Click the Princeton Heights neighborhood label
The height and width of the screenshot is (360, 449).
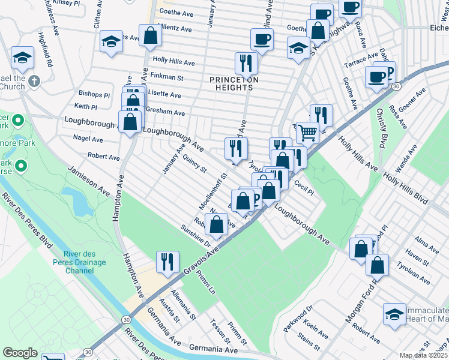pyautogui.click(x=234, y=83)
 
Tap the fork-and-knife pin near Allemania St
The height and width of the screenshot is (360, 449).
pyautogui.click(x=166, y=261)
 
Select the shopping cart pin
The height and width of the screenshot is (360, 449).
pyautogui.click(x=307, y=132)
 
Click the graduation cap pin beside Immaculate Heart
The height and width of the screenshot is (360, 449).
pyautogui.click(x=394, y=314)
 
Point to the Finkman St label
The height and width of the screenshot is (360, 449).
pyautogui.click(x=167, y=77)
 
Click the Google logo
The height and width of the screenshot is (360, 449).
pyautogui.click(x=20, y=353)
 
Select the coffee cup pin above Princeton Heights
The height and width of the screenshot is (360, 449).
pyautogui.click(x=262, y=40)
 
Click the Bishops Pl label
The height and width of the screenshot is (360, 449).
pyautogui.click(x=94, y=95)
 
